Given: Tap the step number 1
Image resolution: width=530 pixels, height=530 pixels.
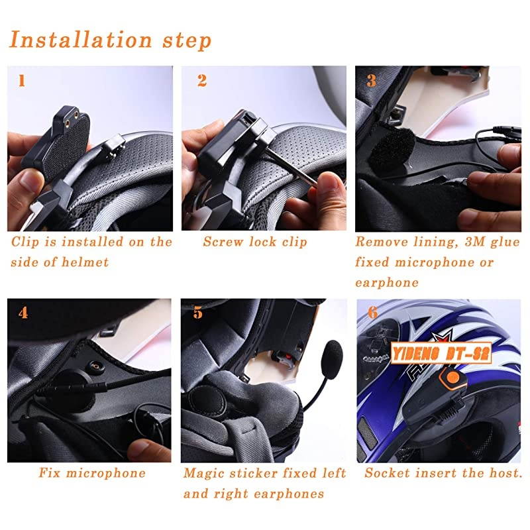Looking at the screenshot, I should pos(23,81).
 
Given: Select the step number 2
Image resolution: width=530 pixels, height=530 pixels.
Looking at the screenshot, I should pos(201,81).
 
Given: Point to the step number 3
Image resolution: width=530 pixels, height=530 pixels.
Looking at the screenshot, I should pos(372,81).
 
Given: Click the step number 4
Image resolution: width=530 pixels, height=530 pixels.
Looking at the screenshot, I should pos(23,312).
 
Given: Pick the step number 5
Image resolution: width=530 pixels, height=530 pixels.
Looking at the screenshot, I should pos(198,313).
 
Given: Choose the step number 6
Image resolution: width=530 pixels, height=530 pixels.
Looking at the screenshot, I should pos(373,312).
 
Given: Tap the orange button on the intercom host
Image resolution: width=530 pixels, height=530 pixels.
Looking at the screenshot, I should pos(453,381).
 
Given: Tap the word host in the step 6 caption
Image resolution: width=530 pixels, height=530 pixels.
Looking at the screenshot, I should pos(505,473).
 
